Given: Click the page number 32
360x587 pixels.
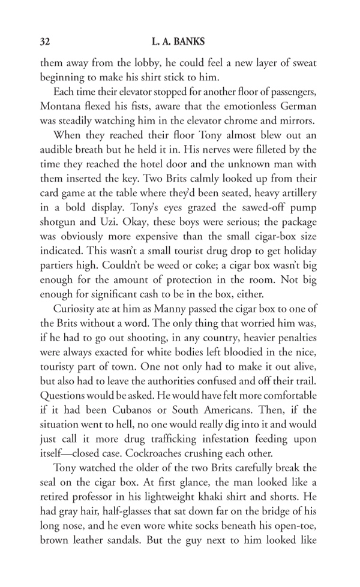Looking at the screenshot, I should tap(44, 42).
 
